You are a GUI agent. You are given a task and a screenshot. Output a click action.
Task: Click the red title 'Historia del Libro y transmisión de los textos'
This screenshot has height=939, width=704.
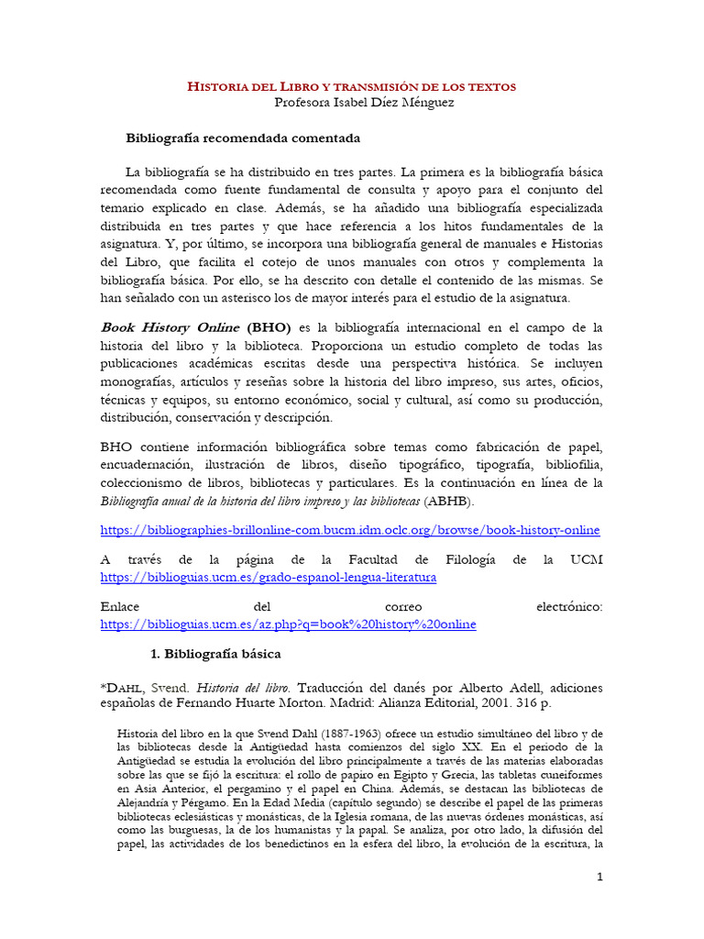click(351, 86)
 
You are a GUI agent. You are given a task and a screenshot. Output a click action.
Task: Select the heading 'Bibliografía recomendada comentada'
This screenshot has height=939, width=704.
click(242, 138)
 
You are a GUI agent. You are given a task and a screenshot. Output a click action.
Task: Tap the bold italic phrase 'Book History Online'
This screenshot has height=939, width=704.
click(170, 327)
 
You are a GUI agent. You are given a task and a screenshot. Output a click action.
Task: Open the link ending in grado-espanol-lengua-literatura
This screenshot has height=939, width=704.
click(268, 578)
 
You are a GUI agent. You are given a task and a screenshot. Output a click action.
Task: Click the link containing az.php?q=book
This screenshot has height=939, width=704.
click(288, 624)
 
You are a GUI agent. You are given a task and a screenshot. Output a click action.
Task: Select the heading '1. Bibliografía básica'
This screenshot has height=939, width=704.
click(215, 655)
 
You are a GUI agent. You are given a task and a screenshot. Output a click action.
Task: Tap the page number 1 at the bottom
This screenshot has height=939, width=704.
click(599, 878)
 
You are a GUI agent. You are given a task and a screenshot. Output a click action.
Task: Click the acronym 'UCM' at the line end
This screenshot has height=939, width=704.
click(587, 560)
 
